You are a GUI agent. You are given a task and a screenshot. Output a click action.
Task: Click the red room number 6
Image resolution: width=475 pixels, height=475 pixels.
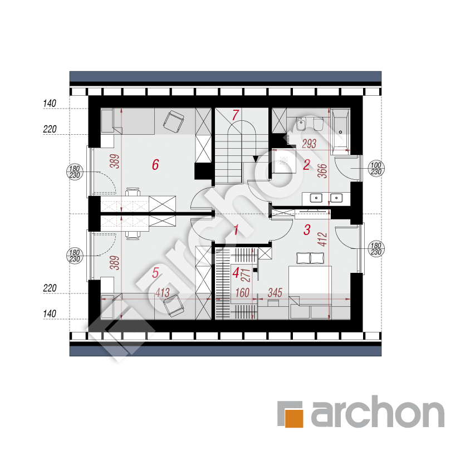(155, 164)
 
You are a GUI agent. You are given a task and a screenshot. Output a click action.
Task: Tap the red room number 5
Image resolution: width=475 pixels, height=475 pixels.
(155, 273)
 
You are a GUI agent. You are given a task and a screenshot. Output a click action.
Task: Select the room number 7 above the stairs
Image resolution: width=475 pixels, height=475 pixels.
(236, 115)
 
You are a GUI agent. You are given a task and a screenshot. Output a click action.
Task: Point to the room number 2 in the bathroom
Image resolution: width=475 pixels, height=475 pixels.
(307, 165)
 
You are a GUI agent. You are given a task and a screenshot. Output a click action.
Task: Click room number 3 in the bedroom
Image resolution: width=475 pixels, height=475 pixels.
(307, 230)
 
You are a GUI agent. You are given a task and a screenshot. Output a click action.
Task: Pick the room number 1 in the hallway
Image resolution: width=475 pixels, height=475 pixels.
(236, 230)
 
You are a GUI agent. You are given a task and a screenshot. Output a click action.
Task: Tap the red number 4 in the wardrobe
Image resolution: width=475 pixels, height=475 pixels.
(236, 273)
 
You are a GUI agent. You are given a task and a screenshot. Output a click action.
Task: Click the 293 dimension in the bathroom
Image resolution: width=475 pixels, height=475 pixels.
(309, 144)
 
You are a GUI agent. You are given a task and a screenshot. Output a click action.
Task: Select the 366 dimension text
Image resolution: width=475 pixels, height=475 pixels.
(323, 171)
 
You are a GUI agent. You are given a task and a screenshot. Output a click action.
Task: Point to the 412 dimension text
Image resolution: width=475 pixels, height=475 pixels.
(323, 239)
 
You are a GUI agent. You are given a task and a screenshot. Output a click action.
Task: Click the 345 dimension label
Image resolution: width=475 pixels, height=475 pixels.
(275, 293)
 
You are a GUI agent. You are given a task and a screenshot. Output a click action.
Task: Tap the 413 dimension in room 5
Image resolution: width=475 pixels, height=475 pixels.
(163, 293)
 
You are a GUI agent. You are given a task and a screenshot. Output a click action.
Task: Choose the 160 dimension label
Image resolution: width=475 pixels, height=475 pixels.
(242, 293)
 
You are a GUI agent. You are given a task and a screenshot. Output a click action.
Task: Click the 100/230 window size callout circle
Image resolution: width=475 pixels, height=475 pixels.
(376, 169)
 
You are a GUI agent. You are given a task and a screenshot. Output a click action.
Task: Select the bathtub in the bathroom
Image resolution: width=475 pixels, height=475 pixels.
(340, 130)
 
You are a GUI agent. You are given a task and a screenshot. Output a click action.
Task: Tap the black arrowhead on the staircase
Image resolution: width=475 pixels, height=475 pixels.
(256, 159)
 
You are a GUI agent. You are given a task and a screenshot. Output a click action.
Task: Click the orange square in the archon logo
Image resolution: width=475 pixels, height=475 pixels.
(294, 418)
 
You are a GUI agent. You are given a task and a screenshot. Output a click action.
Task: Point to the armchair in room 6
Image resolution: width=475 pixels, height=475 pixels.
(174, 122)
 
